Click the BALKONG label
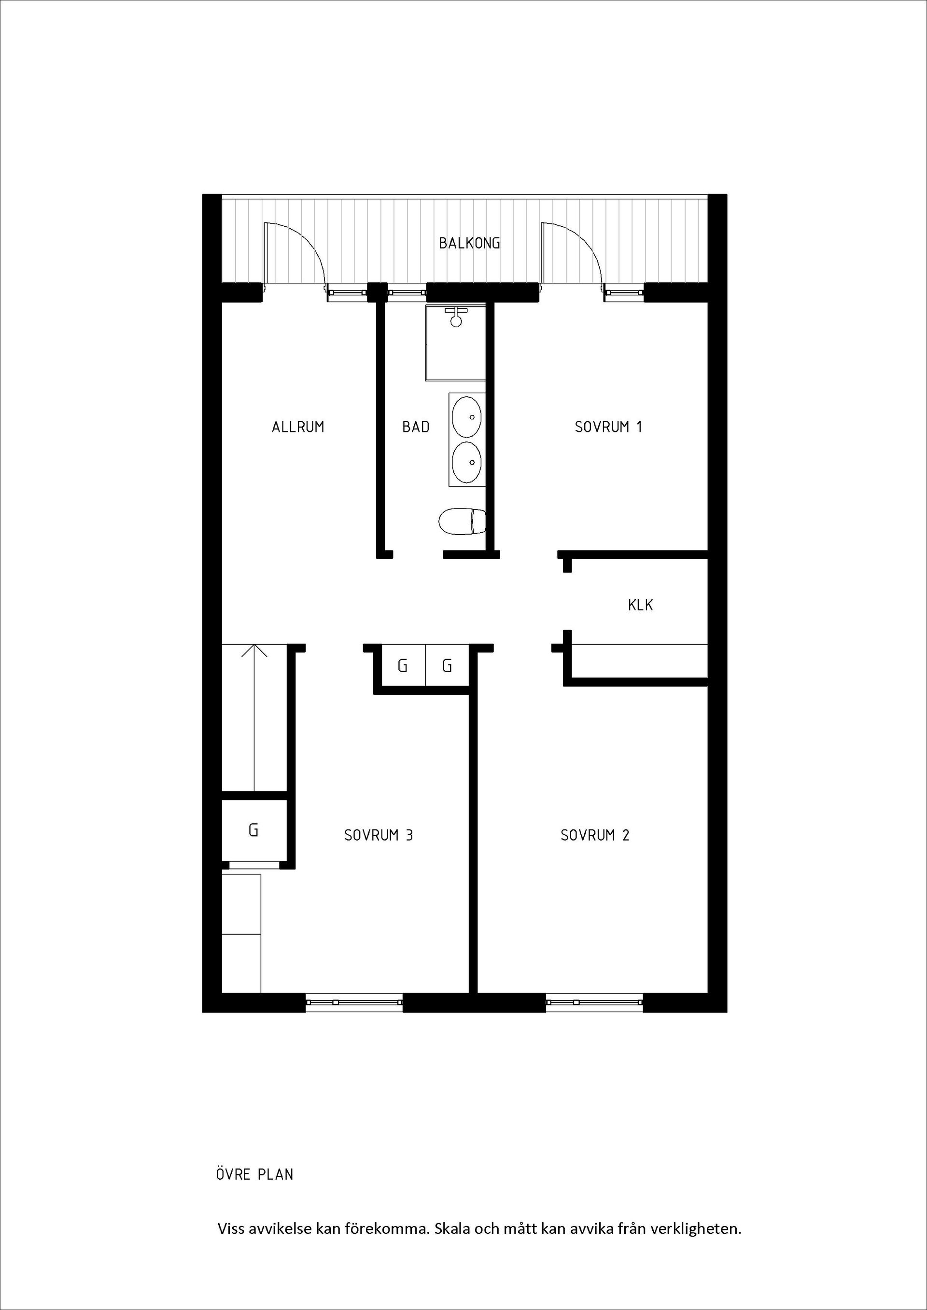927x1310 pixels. pyautogui.click(x=469, y=244)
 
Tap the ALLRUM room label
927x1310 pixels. pyautogui.click(x=298, y=427)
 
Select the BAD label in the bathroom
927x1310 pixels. pyautogui.click(x=416, y=427)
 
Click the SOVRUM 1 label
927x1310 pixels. pyautogui.click(x=608, y=427)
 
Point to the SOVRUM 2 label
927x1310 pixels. pyautogui.click(x=594, y=835)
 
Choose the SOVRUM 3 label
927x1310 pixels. pyautogui.click(x=379, y=835)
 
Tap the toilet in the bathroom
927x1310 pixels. pyautogui.click(x=462, y=521)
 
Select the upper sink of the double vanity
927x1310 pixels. pyautogui.click(x=466, y=416)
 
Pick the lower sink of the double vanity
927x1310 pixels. pyautogui.click(x=466, y=462)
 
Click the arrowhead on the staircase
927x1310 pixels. pyautogui.click(x=254, y=650)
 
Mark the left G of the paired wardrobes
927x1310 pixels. pyautogui.click(x=402, y=666)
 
